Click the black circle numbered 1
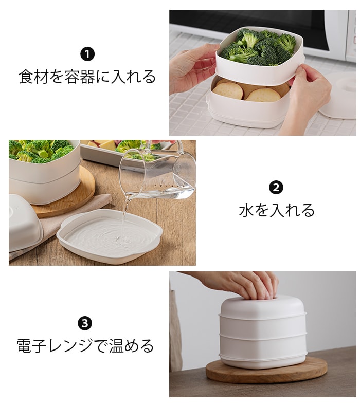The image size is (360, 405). click(87, 54)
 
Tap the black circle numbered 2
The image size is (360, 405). click(276, 188)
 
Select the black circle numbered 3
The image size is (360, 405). click(85, 323)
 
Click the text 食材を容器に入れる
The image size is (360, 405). click(87, 77)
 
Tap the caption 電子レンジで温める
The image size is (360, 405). click(85, 345)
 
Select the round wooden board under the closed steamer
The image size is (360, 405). click(266, 370)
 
